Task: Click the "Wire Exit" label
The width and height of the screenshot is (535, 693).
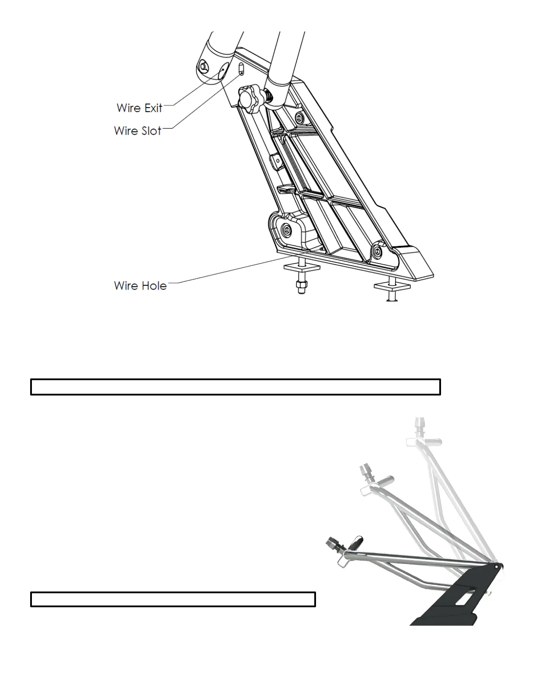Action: pos(139,108)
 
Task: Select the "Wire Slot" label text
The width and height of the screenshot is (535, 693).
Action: pos(137,130)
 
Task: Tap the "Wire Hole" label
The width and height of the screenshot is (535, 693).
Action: pos(140,286)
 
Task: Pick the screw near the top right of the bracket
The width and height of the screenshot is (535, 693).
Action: pos(299,117)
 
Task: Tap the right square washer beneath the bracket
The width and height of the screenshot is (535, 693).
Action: pos(391,286)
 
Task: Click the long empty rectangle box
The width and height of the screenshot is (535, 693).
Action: pos(235,387)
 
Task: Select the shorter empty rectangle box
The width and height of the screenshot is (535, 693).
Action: pos(173,599)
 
